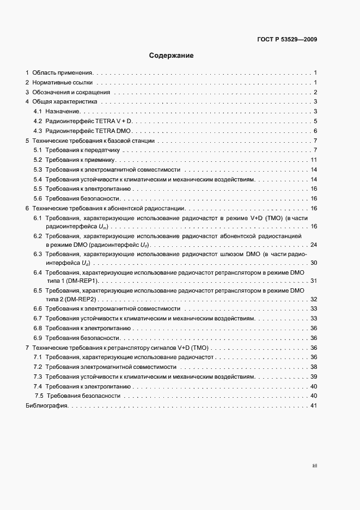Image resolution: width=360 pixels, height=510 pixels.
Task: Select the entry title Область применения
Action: coord(63,72)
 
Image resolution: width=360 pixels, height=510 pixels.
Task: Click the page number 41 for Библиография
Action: coord(313,406)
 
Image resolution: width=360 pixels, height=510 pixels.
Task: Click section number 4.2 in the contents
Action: coord(38,121)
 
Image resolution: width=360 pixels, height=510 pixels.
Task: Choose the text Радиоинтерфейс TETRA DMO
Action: coord(90,131)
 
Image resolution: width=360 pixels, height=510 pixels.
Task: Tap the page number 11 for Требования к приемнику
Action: coord(314,160)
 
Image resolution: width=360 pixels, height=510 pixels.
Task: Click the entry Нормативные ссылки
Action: coord(63,82)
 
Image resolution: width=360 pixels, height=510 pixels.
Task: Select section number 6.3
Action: coord(38,254)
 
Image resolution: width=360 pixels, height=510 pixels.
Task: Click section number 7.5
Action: coord(39,396)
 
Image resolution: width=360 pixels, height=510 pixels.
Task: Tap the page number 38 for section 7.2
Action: coord(313,367)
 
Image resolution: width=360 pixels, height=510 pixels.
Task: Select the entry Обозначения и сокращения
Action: coord(71,92)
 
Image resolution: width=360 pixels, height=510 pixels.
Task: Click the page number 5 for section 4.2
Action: coord(315,121)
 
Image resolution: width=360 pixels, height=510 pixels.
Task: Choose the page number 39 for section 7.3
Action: coord(313,377)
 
